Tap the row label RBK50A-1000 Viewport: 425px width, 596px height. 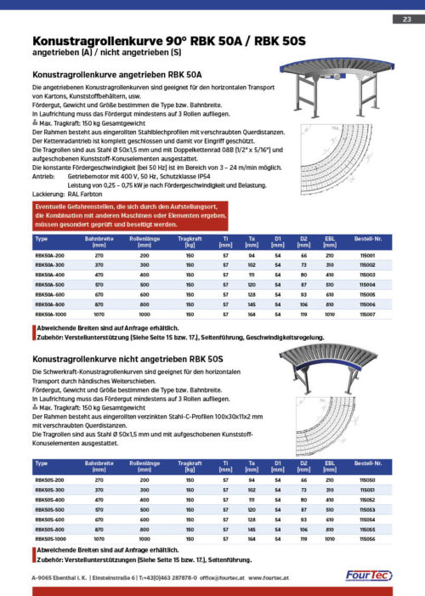50,314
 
